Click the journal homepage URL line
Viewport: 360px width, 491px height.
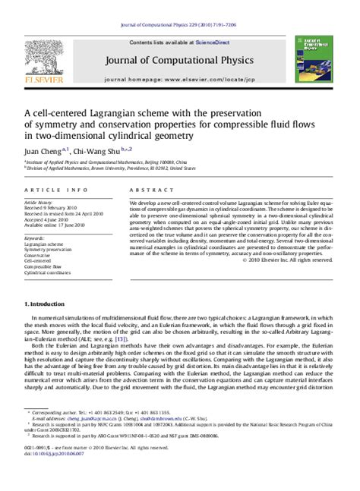coord(180,79)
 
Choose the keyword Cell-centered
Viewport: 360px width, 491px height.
coord(40,261)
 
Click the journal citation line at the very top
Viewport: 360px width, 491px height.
coord(180,25)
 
